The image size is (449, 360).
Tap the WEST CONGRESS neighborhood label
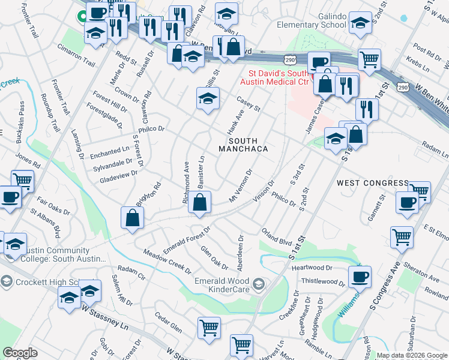pyautogui.click(x=364, y=182)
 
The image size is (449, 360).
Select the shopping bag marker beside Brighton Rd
pyautogui.click(x=132, y=218)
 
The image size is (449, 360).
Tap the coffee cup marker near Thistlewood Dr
pyautogui.click(x=360, y=277)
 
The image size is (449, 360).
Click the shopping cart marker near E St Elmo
pyautogui.click(x=402, y=236)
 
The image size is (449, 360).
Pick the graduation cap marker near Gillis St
pyautogui.click(x=208, y=98)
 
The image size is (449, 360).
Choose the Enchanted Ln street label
pyautogui.click(x=110, y=152)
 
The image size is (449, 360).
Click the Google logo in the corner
pyautogui.click(x=20, y=353)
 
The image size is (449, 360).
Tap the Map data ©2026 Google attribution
pyautogui.click(x=412, y=355)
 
